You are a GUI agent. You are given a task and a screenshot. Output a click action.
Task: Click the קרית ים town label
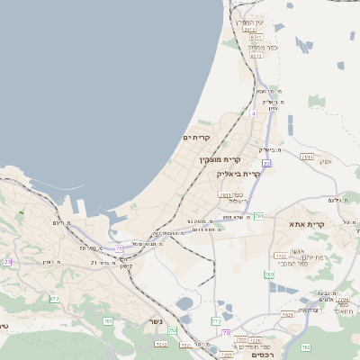click(196, 138)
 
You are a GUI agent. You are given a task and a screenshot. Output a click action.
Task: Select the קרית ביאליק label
click(243, 174)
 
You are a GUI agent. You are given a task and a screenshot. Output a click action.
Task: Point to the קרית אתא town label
click(306, 223)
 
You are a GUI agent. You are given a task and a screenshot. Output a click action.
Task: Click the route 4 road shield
click(254, 113)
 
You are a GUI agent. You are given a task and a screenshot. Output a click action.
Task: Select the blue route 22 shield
click(266, 163)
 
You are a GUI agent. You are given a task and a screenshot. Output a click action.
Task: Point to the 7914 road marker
click(308, 157)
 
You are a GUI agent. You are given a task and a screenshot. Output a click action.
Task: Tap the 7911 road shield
click(224, 194)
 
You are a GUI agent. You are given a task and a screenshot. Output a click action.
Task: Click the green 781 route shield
click(258, 216)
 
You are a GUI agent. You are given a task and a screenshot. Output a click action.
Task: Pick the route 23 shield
click(8, 261)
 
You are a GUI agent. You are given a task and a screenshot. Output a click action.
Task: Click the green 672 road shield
click(55, 299)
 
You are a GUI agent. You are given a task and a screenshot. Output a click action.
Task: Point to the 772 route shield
click(216, 320)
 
